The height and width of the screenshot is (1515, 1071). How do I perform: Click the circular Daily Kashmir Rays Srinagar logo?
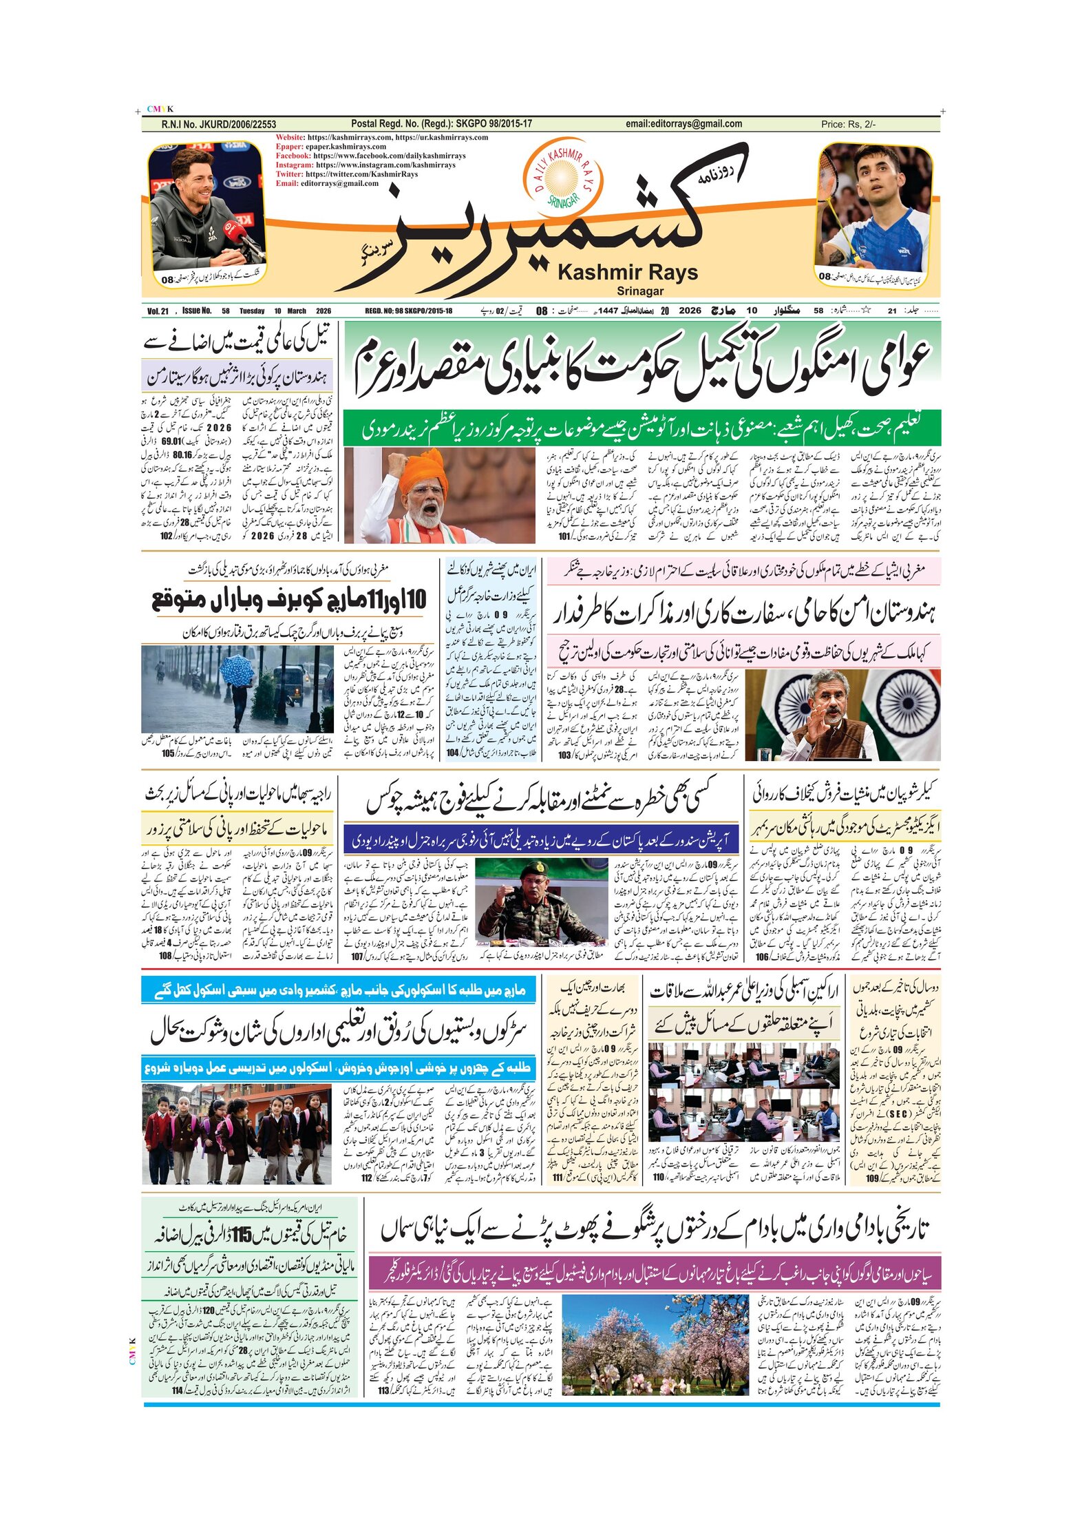tap(562, 176)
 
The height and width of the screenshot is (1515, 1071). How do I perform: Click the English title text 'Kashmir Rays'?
tap(627, 273)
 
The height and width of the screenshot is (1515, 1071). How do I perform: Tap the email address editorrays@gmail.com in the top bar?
tap(683, 124)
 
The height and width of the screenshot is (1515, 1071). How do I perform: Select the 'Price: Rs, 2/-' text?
tap(848, 125)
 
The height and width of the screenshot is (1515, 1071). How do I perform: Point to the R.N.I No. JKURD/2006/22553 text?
tap(218, 125)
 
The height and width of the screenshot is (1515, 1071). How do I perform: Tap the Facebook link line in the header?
tap(370, 156)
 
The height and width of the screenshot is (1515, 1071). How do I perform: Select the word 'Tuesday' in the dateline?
tap(252, 311)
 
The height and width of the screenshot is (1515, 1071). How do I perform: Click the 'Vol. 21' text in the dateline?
tap(158, 311)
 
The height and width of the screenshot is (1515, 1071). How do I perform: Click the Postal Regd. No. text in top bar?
tap(441, 124)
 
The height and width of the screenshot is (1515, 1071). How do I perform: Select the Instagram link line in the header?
tap(365, 165)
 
